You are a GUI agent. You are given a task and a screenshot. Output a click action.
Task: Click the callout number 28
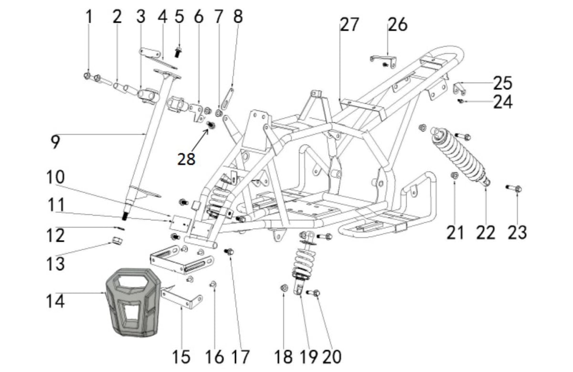(186, 159)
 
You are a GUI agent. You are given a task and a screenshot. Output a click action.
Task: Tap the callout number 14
(55, 301)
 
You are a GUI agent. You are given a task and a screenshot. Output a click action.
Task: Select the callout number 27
(350, 25)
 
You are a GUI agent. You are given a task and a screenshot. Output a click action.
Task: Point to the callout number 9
(55, 142)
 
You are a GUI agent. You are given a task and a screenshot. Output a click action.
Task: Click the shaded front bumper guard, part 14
(133, 302)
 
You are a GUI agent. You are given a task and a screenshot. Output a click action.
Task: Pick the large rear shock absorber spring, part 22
(460, 155)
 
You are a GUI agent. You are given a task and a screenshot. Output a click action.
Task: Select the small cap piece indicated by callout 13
(117, 240)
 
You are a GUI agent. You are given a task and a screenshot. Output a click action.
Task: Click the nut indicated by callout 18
(284, 288)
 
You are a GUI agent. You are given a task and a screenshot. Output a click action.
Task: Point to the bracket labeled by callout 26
(383, 62)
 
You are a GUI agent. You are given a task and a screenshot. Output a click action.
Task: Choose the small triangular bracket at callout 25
(459, 89)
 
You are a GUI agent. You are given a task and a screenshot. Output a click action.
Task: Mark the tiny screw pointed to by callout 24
(460, 101)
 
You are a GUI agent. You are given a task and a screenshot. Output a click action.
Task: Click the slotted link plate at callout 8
(227, 99)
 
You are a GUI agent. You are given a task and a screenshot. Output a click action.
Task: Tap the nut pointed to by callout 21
(455, 176)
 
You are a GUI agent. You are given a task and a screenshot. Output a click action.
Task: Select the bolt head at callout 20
(317, 293)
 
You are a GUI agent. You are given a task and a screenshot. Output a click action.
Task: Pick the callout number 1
(89, 17)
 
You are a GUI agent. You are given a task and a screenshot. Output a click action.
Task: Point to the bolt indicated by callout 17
(229, 252)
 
